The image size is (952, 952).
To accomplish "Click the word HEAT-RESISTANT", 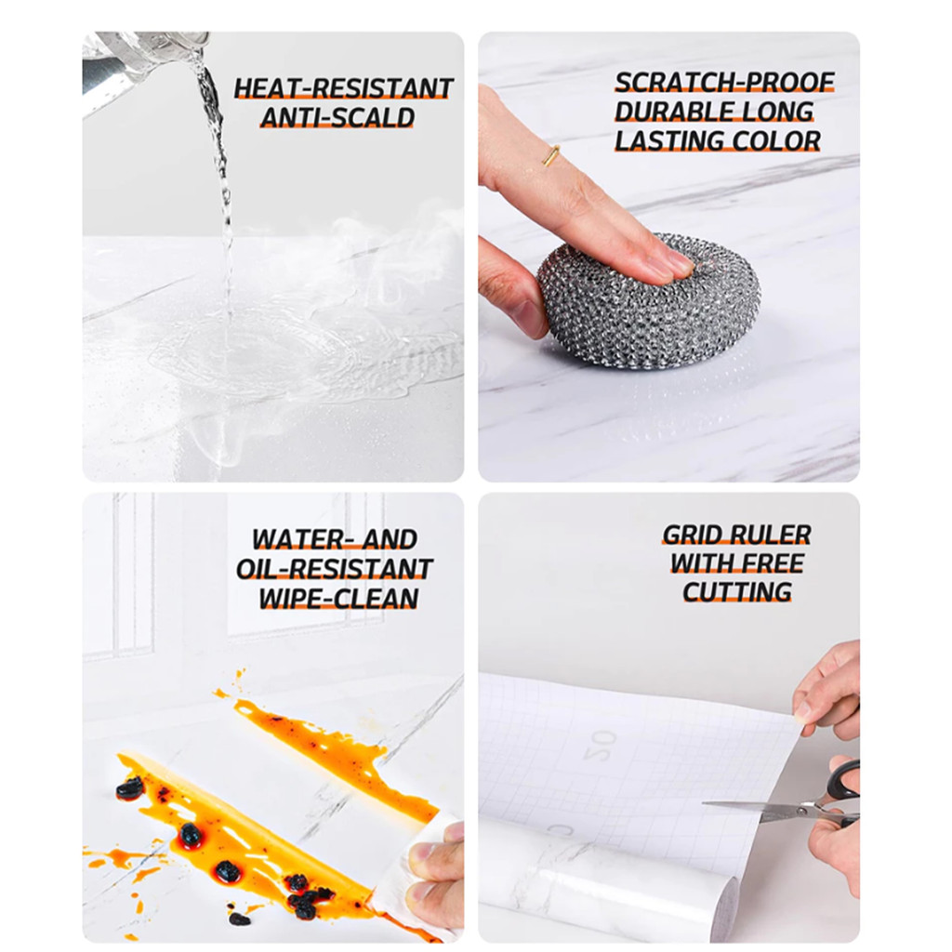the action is (x=344, y=88).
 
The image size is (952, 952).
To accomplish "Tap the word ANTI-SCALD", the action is (x=337, y=118).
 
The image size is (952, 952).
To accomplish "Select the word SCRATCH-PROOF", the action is (x=724, y=83).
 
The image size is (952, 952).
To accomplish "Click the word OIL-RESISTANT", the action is (x=334, y=570).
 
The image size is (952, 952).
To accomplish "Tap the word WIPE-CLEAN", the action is (x=338, y=599).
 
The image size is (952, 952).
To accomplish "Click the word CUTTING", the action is (x=737, y=592).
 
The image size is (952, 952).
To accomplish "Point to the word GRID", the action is (x=694, y=535).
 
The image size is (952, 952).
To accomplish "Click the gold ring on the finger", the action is (x=550, y=155).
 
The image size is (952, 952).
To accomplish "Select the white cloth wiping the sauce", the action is (x=413, y=874).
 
